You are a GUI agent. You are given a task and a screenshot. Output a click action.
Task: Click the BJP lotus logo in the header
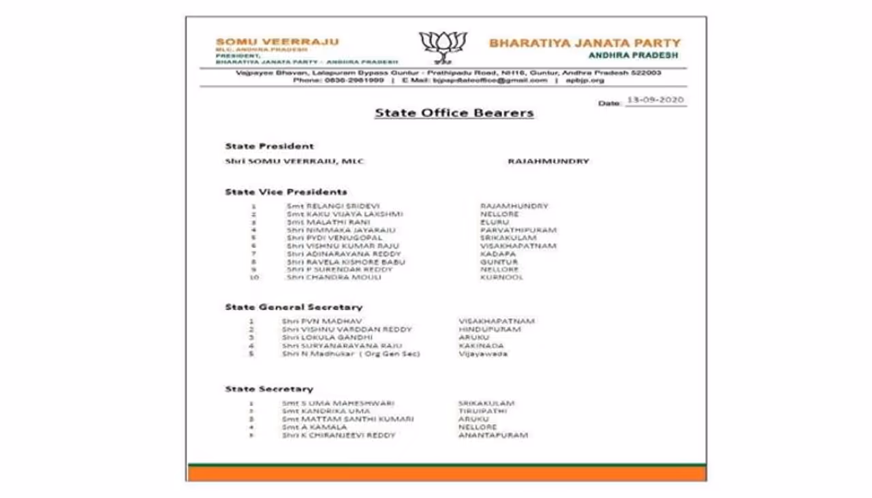443,47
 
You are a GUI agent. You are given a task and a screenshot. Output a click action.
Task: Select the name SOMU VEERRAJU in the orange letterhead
277,42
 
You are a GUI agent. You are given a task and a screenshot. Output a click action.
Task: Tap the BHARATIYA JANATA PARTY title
585,43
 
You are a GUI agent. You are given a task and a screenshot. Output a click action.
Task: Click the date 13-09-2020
655,100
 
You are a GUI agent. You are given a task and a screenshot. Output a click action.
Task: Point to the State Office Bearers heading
454,113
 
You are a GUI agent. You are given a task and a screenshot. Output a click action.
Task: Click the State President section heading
270,146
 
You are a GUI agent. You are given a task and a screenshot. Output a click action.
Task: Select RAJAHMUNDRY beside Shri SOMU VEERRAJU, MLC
548,161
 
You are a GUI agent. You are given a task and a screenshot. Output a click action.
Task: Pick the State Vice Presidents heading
286,192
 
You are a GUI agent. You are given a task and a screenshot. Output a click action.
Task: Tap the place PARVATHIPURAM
518,230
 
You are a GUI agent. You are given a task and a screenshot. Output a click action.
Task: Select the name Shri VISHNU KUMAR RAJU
343,246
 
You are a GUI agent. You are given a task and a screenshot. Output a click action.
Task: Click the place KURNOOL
501,278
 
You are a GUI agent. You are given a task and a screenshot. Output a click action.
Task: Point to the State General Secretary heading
294,307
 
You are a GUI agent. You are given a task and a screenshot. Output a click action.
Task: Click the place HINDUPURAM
490,330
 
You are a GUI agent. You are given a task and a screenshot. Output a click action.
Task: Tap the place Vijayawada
483,354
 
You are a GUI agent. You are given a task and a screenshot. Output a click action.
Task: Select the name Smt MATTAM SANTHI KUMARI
347,420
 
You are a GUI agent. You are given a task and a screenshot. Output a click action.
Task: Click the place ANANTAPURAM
493,435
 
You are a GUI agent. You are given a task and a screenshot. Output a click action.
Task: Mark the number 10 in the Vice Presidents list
253,278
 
